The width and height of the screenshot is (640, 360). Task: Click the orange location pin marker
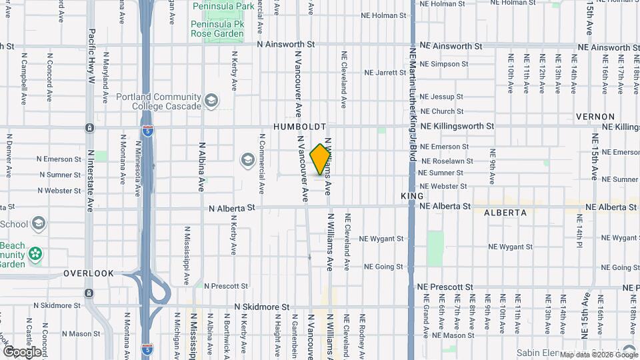[x=320, y=159]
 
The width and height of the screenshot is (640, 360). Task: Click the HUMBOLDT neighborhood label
[x=300, y=127]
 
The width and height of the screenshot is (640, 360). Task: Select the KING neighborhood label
[x=412, y=196]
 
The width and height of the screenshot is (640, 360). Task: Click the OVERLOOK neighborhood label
[x=89, y=273]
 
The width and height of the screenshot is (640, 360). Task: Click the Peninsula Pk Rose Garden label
[x=217, y=27]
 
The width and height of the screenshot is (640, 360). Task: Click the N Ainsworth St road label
[x=286, y=45]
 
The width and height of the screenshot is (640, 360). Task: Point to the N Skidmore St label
[x=262, y=307]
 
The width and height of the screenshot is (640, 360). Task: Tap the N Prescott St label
[x=226, y=286]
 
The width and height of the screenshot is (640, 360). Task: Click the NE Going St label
[x=383, y=267]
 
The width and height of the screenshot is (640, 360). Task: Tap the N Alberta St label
[x=232, y=208]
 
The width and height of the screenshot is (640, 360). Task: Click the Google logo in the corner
[x=21, y=351]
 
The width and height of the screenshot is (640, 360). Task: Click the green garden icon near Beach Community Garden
[x=35, y=253]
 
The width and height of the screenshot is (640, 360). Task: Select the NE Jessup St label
[x=441, y=97]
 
